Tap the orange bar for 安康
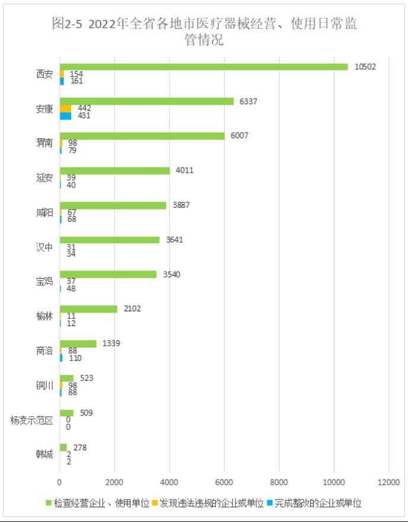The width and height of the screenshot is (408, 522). click(x=65, y=108)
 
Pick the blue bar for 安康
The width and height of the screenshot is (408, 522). click(x=65, y=116)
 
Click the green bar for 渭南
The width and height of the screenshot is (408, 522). click(x=142, y=136)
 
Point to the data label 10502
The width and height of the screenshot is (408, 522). click(x=365, y=67)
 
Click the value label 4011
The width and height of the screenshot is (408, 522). click(x=183, y=170)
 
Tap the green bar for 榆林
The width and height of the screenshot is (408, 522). click(x=88, y=308)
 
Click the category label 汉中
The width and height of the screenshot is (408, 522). click(x=44, y=247)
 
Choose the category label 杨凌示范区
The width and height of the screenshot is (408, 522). click(x=32, y=421)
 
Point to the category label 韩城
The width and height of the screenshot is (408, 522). click(x=44, y=455)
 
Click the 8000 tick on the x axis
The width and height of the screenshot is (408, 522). click(x=279, y=482)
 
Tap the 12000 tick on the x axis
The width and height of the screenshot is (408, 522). click(x=388, y=482)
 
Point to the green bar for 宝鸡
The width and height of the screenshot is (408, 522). click(x=108, y=274)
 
